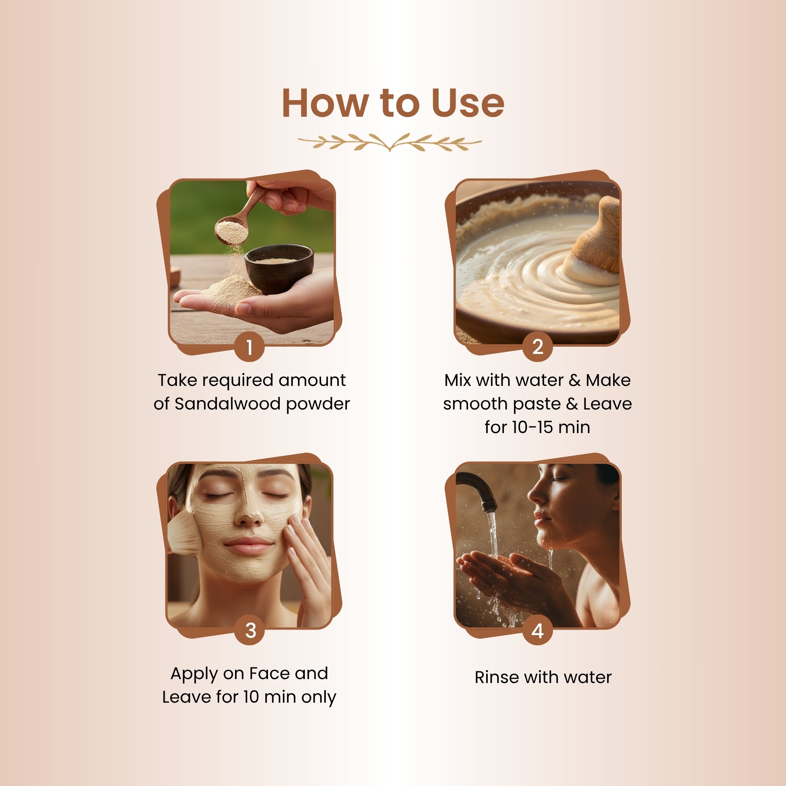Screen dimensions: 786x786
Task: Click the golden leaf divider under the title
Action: [389, 142]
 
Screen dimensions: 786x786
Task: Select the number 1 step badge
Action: [250, 347]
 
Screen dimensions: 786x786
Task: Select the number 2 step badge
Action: [537, 347]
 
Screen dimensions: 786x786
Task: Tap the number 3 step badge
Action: [250, 630]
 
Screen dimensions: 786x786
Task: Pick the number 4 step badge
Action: [537, 631]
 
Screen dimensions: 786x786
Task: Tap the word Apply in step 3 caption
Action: [194, 674]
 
